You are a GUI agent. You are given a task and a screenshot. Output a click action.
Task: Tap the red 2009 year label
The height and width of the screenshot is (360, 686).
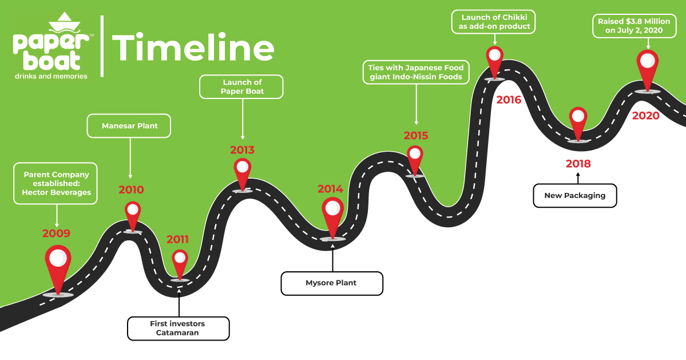pyautogui.click(x=56, y=234)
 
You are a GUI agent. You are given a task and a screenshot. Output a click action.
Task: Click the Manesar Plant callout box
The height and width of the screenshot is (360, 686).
pyautogui.click(x=129, y=125)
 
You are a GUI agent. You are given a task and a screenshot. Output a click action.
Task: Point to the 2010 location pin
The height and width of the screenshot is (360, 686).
pyautogui.click(x=133, y=215)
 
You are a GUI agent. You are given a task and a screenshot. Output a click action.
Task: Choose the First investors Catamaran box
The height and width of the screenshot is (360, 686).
pyautogui.click(x=177, y=329)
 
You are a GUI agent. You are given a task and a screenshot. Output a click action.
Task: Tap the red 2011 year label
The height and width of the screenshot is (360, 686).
pyautogui.click(x=177, y=240)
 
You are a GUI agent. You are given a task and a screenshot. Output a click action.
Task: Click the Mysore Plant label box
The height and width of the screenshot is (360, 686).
pyautogui.click(x=331, y=283)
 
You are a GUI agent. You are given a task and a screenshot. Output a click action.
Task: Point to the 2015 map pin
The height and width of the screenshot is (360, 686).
pyautogui.click(x=415, y=158)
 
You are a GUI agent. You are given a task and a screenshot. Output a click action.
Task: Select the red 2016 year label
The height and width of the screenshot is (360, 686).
pyautogui.click(x=509, y=100)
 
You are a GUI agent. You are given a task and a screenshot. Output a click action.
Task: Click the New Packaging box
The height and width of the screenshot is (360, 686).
pyautogui.click(x=574, y=195)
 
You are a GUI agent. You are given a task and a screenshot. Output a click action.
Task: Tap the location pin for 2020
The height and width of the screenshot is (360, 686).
pyautogui.click(x=648, y=66)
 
